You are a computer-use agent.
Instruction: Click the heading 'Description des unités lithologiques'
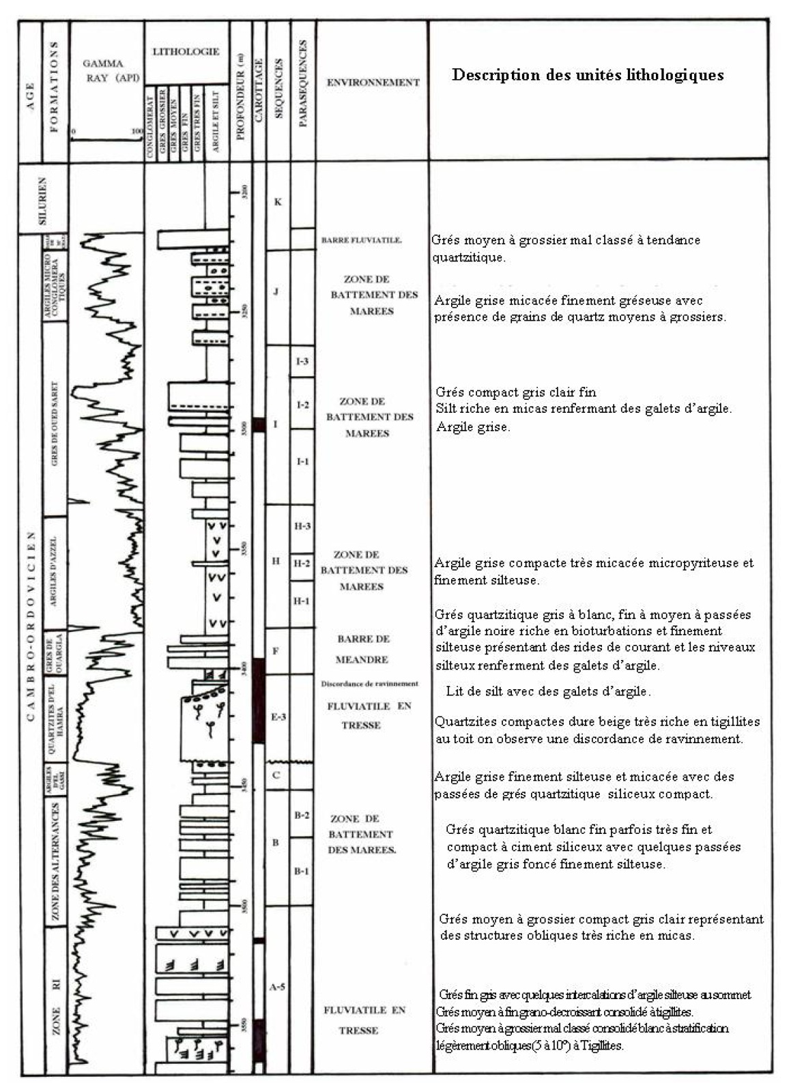tap(587, 75)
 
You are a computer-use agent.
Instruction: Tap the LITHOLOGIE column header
tap(186, 52)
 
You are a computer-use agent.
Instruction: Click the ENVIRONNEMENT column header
tap(373, 83)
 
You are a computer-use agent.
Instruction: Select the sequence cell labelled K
tap(278, 202)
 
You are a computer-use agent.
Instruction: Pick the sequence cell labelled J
tap(276, 292)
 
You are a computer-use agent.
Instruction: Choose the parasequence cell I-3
tap(302, 361)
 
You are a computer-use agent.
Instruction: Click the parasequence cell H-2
tap(302, 564)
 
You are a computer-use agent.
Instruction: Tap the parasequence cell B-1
tap(302, 871)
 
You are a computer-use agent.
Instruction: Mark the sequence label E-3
tap(278, 717)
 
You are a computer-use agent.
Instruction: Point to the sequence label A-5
tap(277, 987)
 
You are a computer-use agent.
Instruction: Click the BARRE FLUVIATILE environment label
tap(361, 240)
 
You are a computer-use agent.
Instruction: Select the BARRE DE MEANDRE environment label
tap(362, 649)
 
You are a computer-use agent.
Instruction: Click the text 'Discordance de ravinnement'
tap(369, 684)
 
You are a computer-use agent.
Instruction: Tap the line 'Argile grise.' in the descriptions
tap(473, 427)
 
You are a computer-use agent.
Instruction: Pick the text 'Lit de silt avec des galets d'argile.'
tap(548, 691)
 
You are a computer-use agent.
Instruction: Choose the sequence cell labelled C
tap(276, 775)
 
